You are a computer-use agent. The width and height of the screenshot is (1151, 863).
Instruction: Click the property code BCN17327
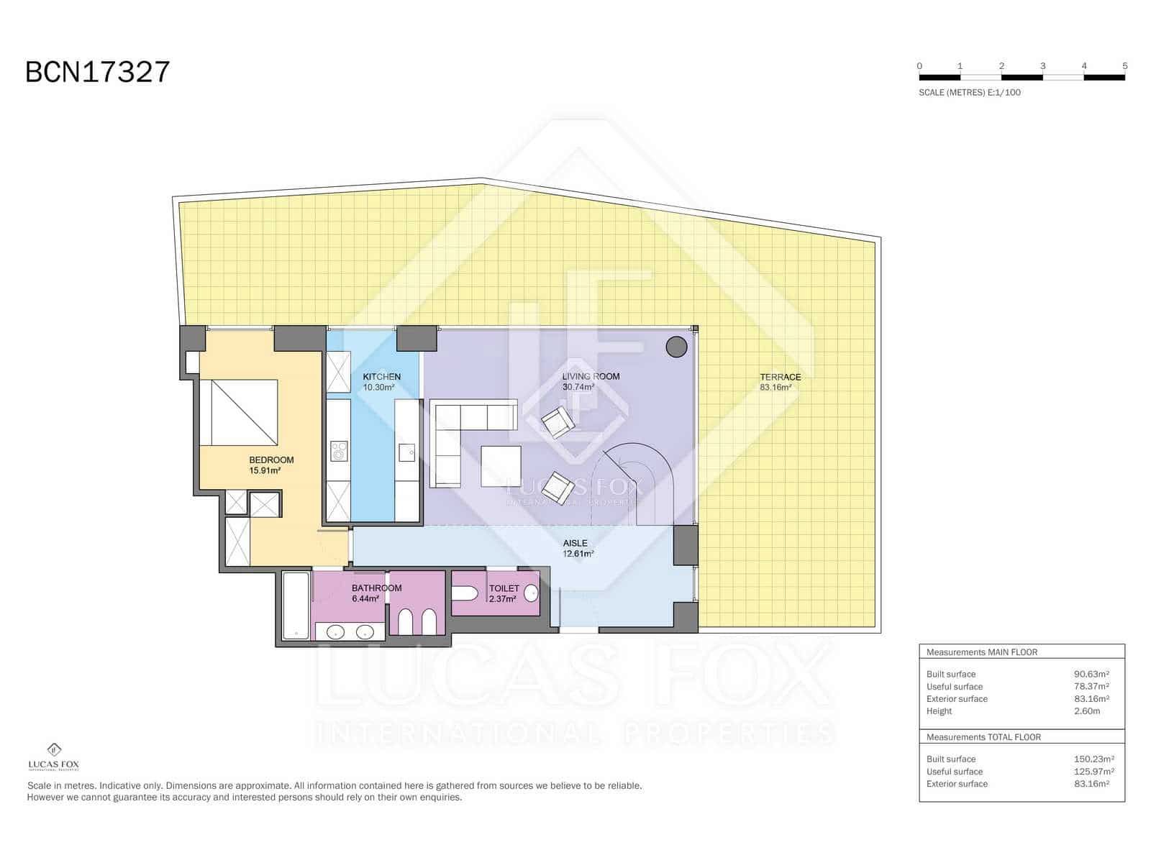pos(98,72)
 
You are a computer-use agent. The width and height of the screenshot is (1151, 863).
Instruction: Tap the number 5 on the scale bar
pos(1124,65)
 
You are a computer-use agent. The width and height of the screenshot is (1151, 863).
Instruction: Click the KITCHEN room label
pos(381,377)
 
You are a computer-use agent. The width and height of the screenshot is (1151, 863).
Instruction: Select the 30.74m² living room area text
pos(578,387)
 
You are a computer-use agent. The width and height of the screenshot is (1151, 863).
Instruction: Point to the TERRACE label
pos(780,377)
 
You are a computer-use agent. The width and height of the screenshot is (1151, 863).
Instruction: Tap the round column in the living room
pos(676,347)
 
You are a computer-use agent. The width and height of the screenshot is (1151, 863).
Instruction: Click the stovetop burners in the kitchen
pos(339,452)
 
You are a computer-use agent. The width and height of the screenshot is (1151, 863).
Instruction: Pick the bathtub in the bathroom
pos(295,606)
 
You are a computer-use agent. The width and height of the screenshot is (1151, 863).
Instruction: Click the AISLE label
pos(575,543)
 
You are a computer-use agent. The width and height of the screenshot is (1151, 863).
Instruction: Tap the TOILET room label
pos(504,588)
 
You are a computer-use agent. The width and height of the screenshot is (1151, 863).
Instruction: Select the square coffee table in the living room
pos(501,466)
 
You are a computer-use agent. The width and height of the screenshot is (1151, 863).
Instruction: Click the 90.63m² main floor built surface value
pos(1091,674)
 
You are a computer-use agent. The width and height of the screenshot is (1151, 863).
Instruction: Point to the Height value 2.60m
pos(1086,711)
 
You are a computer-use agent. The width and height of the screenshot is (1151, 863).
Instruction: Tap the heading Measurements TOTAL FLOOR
pos(983,737)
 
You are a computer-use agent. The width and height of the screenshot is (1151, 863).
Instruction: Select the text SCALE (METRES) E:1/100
pos(969,92)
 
